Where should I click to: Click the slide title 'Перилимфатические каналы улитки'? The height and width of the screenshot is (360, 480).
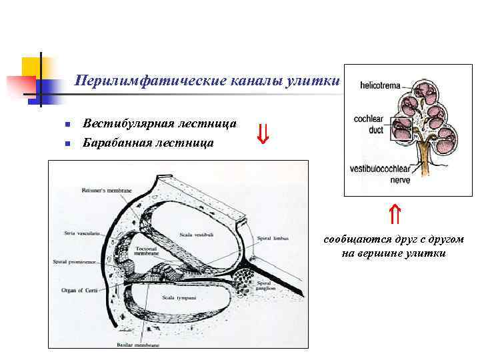click(x=207, y=81)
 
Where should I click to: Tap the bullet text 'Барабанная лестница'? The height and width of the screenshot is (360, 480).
click(x=149, y=142)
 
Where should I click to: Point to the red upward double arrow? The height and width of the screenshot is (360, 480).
click(x=394, y=214)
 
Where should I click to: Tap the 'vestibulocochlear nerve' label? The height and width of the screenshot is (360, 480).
click(x=380, y=174)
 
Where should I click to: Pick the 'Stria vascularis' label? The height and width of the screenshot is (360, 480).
click(x=81, y=233)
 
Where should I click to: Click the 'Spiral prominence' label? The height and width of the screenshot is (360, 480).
click(x=77, y=262)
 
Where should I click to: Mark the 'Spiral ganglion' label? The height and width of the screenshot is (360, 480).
click(x=268, y=286)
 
